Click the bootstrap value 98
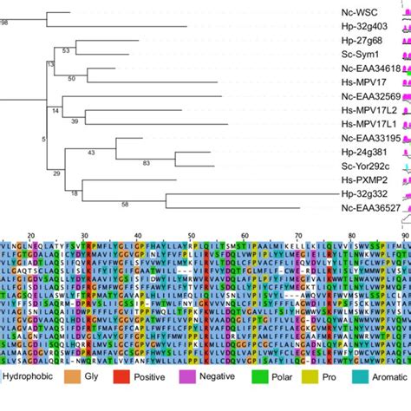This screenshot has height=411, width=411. click(4, 21)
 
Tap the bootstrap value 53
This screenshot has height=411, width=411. click(65, 50)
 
